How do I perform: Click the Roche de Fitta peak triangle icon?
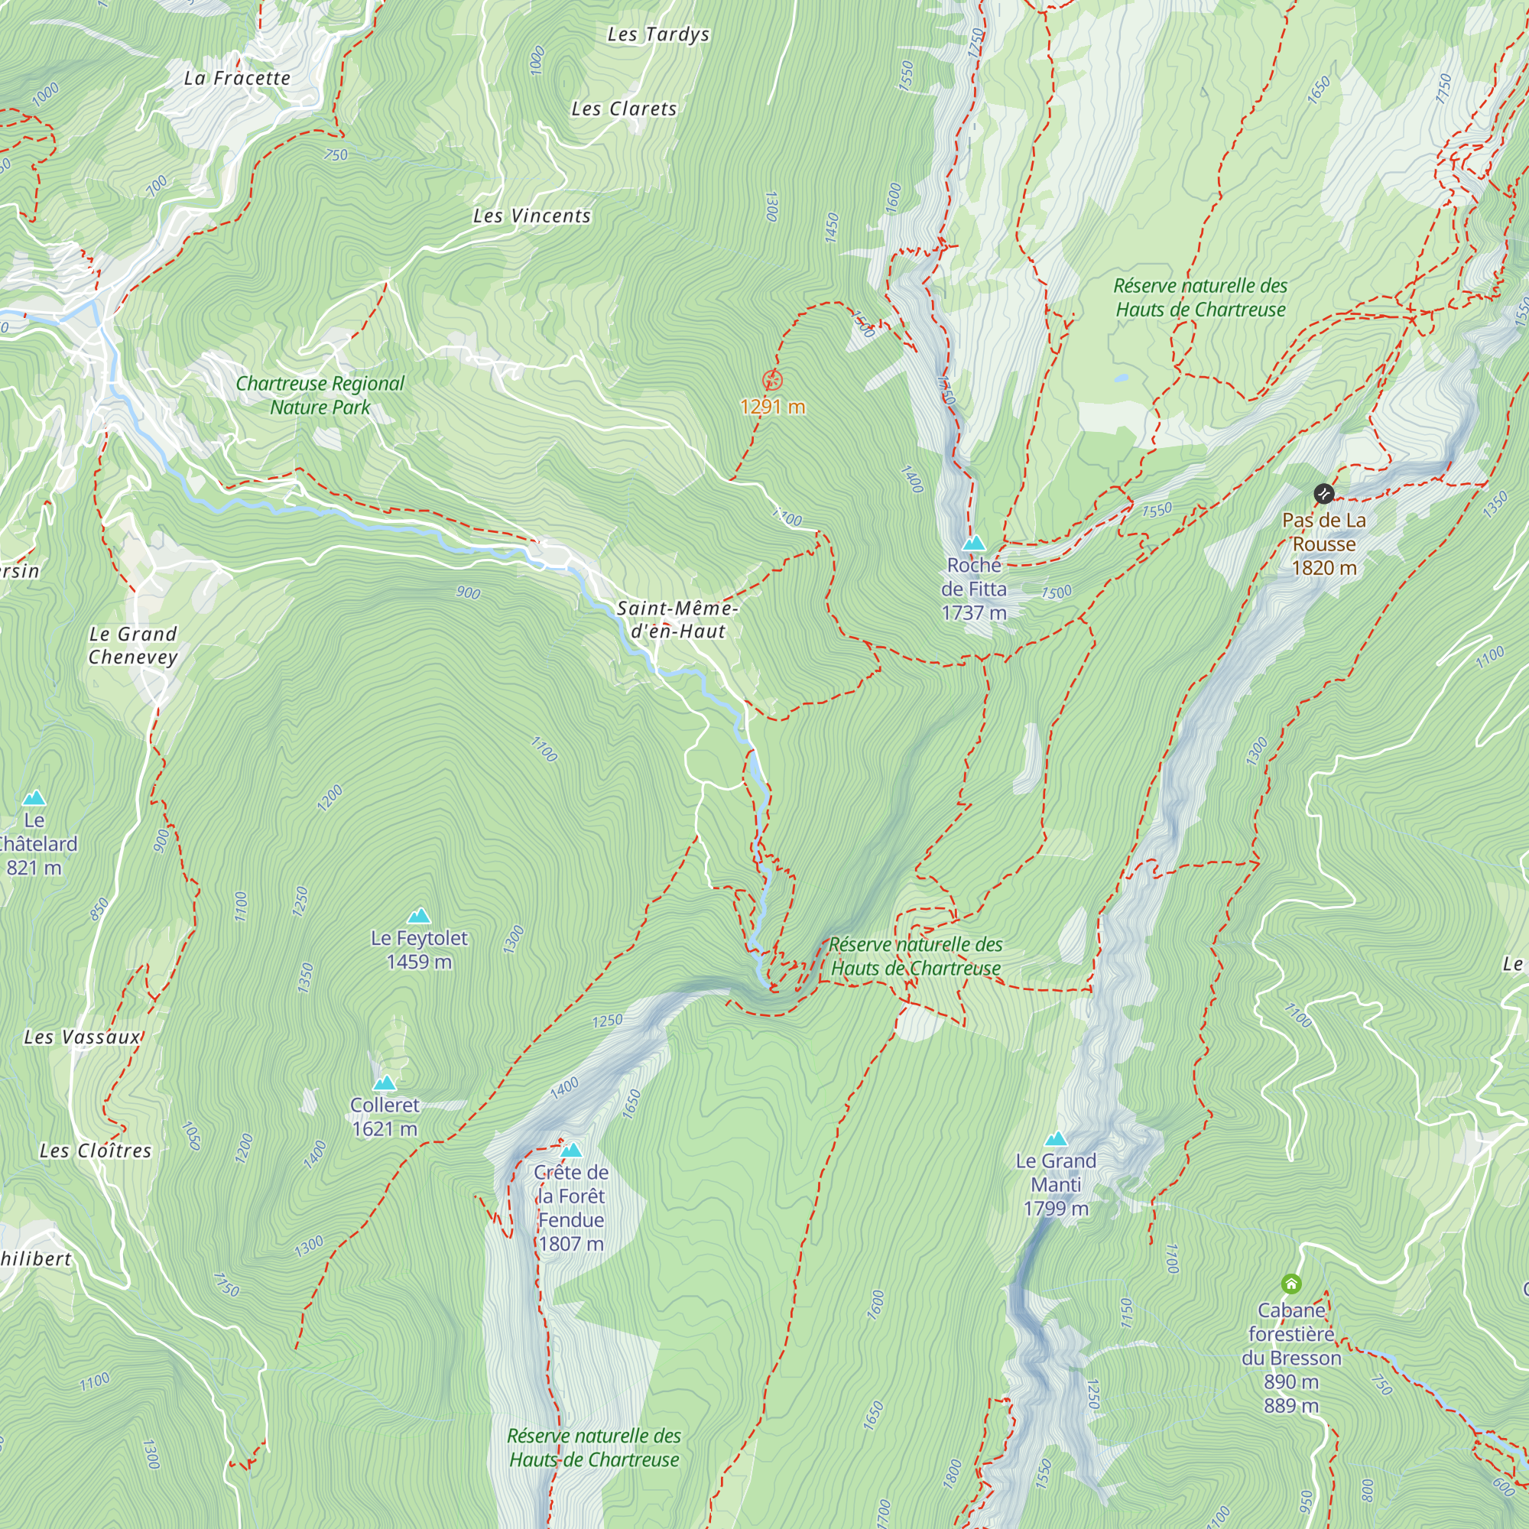tap(973, 543)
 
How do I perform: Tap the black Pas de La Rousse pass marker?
tap(1323, 495)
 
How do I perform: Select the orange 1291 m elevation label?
tap(772, 407)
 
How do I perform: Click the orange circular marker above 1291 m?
tap(772, 381)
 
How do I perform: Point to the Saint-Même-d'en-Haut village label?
tap(677, 620)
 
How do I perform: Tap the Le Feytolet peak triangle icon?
tap(419, 917)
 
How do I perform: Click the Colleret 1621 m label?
tap(385, 1117)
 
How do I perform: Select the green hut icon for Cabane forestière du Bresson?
tap(1290, 1284)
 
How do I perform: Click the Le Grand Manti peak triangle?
tap(1056, 1140)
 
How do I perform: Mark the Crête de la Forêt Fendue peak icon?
tap(570, 1151)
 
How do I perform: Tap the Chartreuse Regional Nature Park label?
tap(320, 395)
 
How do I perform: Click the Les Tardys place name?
tap(657, 35)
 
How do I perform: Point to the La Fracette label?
tap(237, 78)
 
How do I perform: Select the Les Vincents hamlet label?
tap(532, 216)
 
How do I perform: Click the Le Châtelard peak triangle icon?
tap(34, 797)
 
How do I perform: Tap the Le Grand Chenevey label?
tap(133, 645)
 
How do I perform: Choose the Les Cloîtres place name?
tap(95, 1151)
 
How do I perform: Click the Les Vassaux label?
tap(83, 1037)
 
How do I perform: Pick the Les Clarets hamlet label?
tap(624, 109)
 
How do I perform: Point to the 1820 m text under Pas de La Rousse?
tap(1323, 568)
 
